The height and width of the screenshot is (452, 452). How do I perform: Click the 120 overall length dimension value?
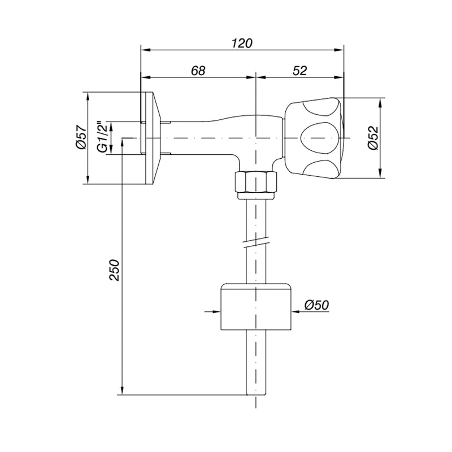pos(242,43)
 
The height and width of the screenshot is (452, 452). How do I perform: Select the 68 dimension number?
pos(198,70)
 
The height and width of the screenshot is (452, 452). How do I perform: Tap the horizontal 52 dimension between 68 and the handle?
pos(300,70)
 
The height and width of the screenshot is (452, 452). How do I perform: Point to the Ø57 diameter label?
pos(81,137)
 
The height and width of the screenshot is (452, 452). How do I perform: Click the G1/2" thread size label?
pos(103,136)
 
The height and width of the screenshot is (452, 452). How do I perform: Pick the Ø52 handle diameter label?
pos(373,138)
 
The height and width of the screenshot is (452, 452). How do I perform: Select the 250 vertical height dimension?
pos(114,271)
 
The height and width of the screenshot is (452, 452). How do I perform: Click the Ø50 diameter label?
pos(317,305)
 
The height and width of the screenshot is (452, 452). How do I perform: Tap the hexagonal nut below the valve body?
pos(256,182)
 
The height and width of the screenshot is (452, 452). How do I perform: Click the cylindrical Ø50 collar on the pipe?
pos(256,306)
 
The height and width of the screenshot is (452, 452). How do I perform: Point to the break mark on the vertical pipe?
pos(256,242)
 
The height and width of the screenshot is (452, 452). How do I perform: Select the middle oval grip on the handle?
pos(319,138)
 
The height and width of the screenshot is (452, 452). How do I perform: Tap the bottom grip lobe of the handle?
pos(322,168)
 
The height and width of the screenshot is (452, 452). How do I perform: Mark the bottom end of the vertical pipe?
pos(256,394)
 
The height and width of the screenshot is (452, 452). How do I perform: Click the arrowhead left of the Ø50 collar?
pos(216,311)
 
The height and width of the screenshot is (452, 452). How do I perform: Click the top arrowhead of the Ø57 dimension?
pos(88,97)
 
